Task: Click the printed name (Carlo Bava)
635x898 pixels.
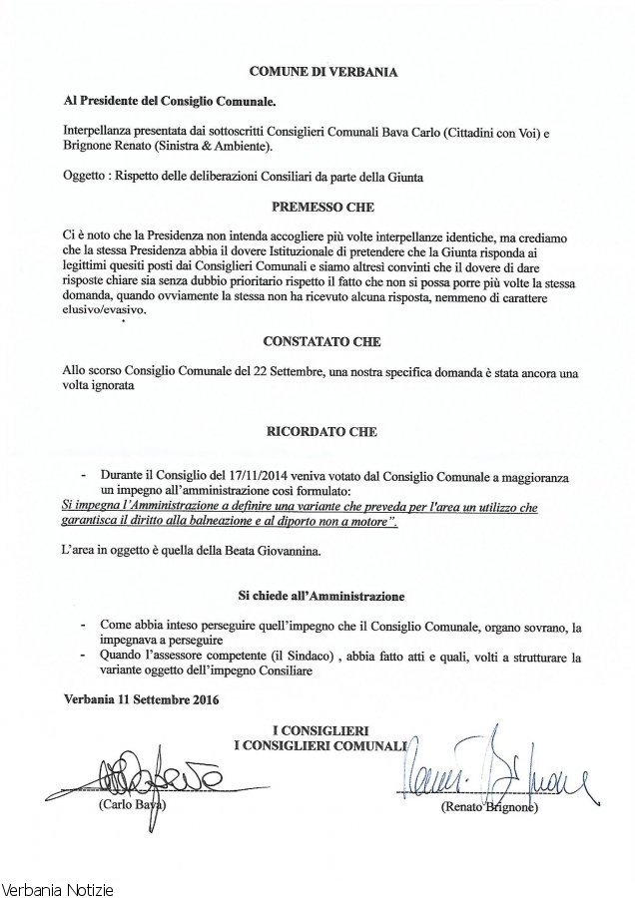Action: click(x=131, y=803)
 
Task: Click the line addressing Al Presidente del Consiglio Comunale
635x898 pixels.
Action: click(x=167, y=102)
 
